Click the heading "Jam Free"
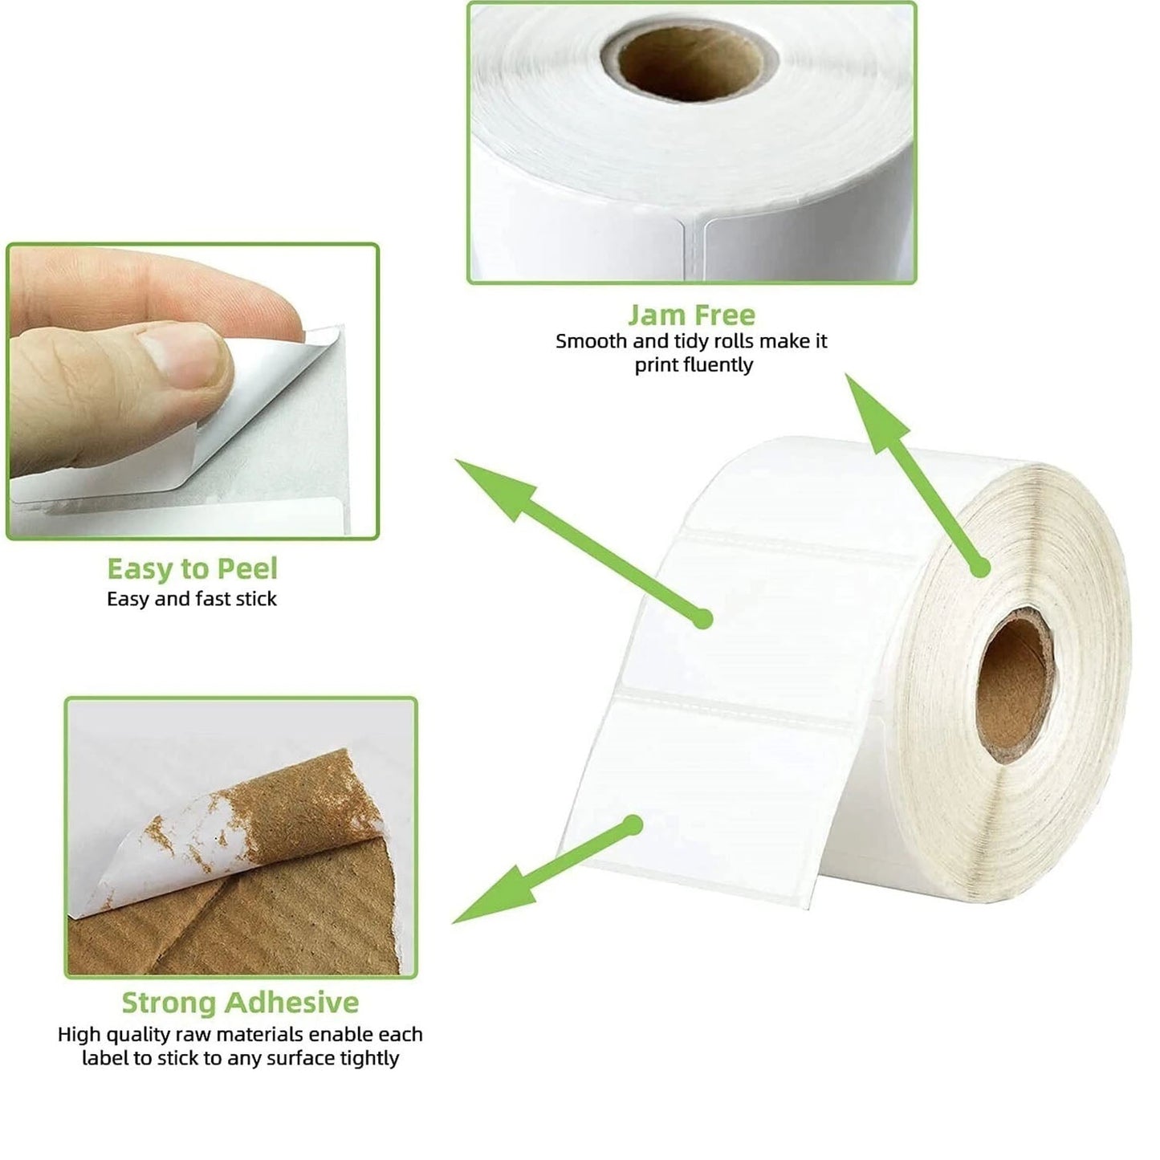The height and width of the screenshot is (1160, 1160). click(x=691, y=314)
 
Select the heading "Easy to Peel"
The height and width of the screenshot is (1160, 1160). click(x=192, y=569)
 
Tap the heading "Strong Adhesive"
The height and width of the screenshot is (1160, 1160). click(x=240, y=1003)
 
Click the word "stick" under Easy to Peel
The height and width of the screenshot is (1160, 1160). click(x=256, y=599)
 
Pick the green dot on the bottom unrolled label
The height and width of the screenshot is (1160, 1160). click(x=633, y=824)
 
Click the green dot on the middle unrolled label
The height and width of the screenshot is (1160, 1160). click(x=702, y=619)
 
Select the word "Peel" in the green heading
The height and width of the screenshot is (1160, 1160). click(x=245, y=569)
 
